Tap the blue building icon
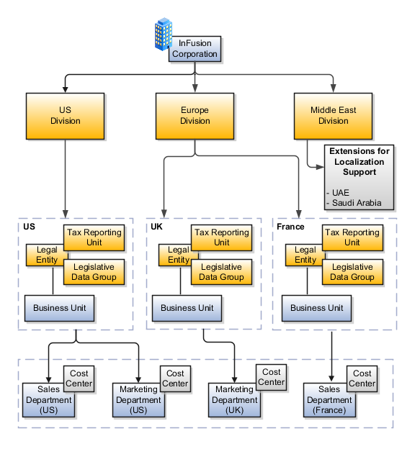(164, 35)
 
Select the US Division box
(66, 116)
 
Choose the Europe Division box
(195, 116)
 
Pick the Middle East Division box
(333, 116)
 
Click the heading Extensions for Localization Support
(360, 162)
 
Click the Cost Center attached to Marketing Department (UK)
(272, 377)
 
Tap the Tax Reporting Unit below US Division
(94, 237)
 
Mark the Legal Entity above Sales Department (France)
(304, 255)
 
